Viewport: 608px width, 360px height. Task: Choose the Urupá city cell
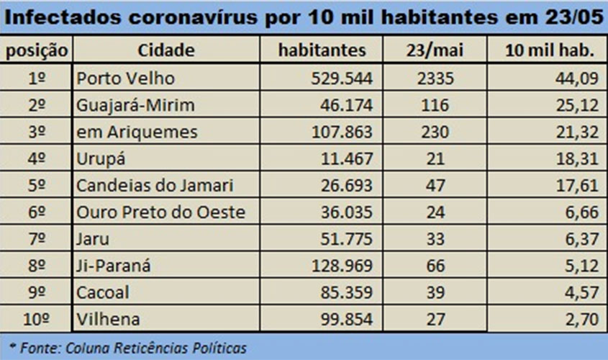tap(100, 158)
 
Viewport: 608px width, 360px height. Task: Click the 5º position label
tap(37, 185)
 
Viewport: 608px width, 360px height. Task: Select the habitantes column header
tap(322, 50)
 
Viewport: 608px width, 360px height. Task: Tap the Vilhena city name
tap(108, 319)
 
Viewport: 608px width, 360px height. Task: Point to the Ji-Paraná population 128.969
tap(339, 266)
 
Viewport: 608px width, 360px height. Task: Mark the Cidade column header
tap(168, 50)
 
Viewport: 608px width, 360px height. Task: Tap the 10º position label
tap(37, 319)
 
